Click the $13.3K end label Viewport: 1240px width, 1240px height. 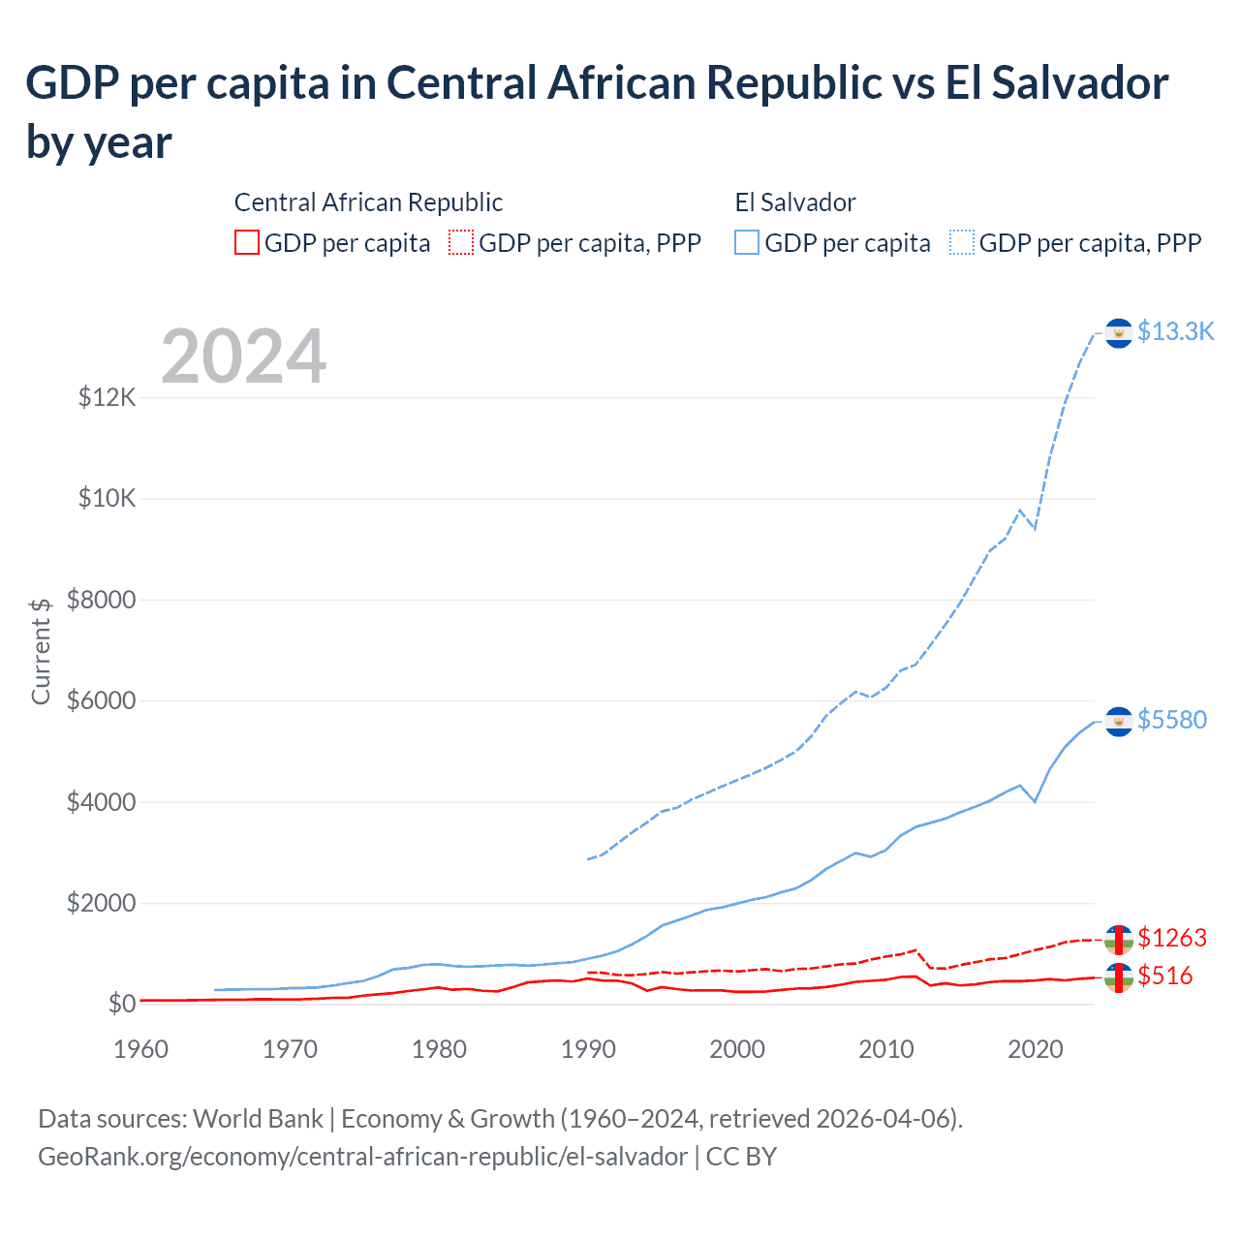(1175, 331)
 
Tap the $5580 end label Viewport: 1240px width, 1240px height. (1172, 720)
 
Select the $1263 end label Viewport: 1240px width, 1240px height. (1172, 938)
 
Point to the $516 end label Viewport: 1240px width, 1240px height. (1164, 976)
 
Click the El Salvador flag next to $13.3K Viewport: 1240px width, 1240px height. (1119, 332)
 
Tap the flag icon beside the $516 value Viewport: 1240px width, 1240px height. (1119, 977)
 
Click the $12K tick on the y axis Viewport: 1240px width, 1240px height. (108, 397)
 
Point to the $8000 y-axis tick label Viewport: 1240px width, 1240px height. (102, 600)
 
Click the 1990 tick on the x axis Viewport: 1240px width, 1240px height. (588, 1049)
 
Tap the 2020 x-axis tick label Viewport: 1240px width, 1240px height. (1036, 1049)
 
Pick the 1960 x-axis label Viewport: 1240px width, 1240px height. (141, 1049)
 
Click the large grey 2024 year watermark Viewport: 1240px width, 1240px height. (243, 356)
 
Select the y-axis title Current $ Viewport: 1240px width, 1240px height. (41, 651)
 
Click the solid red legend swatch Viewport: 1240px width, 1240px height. (247, 242)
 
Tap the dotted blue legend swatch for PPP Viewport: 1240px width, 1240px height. (962, 242)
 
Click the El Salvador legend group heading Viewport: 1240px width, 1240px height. (795, 202)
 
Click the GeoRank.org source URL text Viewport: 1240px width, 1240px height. (362, 1157)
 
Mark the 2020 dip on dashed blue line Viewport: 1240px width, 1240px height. (1035, 528)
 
